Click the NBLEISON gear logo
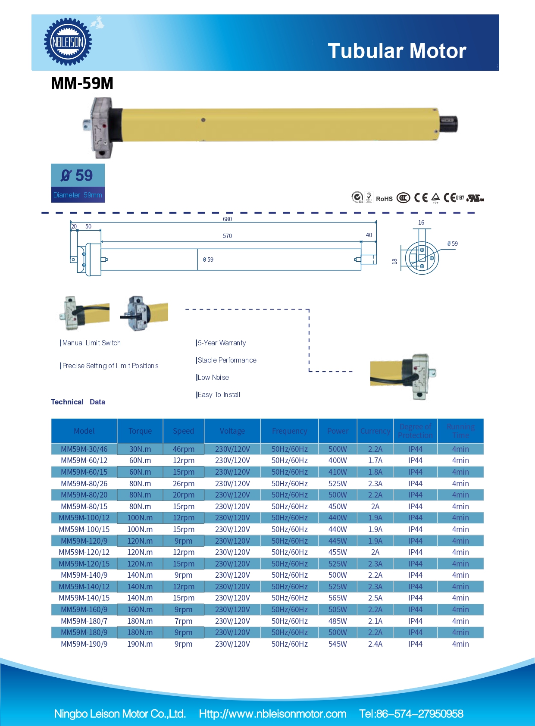[x=68, y=42]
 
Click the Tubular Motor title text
[x=397, y=51]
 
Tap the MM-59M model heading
[x=82, y=83]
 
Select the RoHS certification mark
[x=384, y=199]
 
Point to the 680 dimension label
[x=227, y=219]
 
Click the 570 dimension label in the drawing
[x=227, y=236]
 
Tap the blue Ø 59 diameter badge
[x=78, y=183]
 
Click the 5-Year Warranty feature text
[x=222, y=343]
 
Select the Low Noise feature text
[x=213, y=377]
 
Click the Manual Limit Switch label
[x=91, y=343]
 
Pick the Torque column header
[x=140, y=431]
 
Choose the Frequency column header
[x=289, y=431]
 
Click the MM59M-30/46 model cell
[x=84, y=449]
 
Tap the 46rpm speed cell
[x=184, y=449]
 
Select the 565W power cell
[x=338, y=598]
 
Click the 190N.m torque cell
[x=140, y=644]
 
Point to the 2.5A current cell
[x=375, y=598]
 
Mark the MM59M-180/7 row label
[x=84, y=621]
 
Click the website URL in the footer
[x=272, y=713]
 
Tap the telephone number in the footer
[x=411, y=713]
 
